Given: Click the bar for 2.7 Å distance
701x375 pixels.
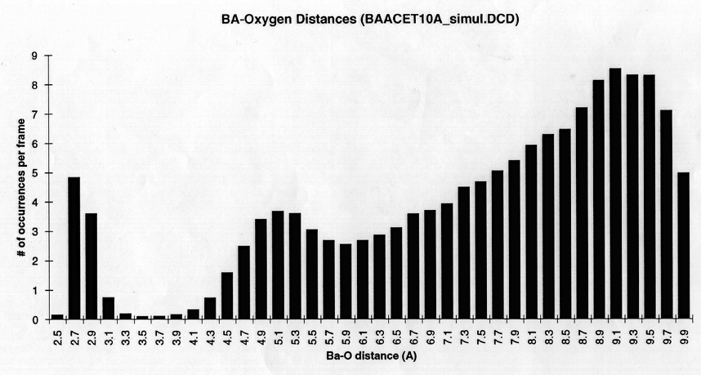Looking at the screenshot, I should (x=74, y=248).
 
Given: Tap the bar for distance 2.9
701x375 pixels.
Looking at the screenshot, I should (x=92, y=266).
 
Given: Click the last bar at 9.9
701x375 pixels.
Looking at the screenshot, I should (x=683, y=246).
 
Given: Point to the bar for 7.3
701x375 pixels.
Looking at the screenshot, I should (x=463, y=253).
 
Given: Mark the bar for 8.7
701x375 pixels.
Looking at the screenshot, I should (x=582, y=213).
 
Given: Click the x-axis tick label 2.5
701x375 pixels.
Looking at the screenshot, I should (x=58, y=335).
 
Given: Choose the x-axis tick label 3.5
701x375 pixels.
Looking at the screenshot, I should (x=142, y=335).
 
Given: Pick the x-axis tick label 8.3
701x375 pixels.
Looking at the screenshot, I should (x=548, y=335).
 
